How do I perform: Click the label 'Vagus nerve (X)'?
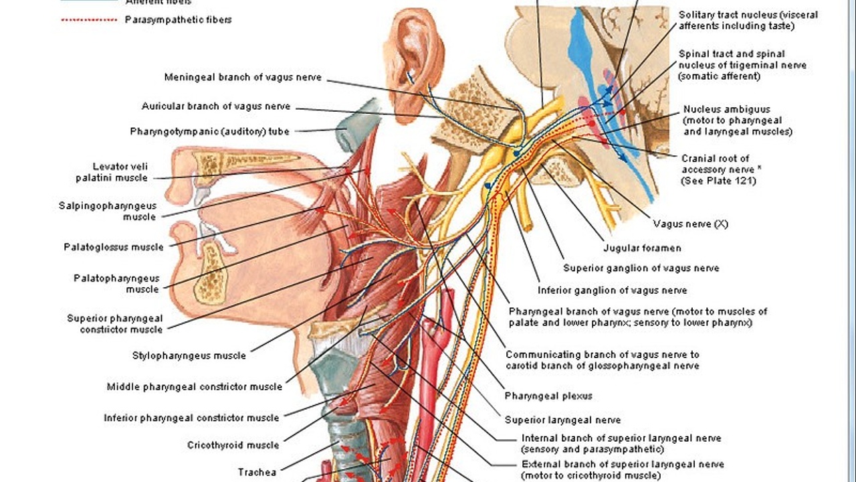[690, 224]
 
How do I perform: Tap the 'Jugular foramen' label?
[642, 248]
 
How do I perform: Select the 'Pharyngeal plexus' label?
[548, 396]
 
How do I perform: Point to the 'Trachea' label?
[257, 472]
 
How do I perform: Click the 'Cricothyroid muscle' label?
[233, 445]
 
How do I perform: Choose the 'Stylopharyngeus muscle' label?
[189, 355]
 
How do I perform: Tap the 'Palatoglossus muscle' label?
[114, 247]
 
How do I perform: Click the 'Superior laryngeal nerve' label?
[562, 420]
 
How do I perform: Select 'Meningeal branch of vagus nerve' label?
[243, 78]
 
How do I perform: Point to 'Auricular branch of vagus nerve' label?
[216, 106]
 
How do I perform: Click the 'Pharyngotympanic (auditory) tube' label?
[209, 131]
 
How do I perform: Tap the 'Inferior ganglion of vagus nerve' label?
[613, 291]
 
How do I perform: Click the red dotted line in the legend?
[88, 20]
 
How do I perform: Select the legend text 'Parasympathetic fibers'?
[179, 20]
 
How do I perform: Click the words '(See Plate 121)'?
[718, 181]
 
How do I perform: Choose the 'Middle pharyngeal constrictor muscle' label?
[195, 386]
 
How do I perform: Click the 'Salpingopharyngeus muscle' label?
[107, 211]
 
